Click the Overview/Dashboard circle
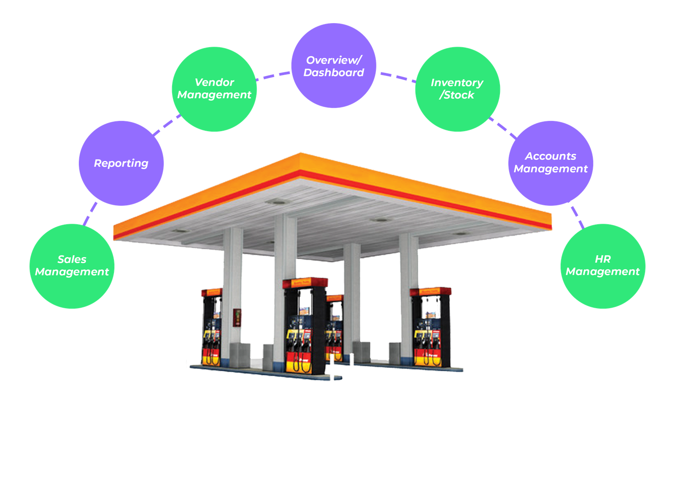pyautogui.click(x=333, y=66)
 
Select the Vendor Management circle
pyautogui.click(x=214, y=89)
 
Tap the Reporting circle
pyautogui.click(x=121, y=163)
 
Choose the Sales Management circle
pyautogui.click(x=72, y=266)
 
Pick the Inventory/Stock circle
pyautogui.click(x=457, y=89)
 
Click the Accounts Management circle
pyautogui.click(x=551, y=163)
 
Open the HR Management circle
pyautogui.click(x=603, y=266)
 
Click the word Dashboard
pyautogui.click(x=333, y=73)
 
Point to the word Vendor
pyautogui.click(x=214, y=83)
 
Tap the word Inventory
pyautogui.click(x=457, y=83)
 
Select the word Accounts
pyautogui.click(x=551, y=156)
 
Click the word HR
pyautogui.click(x=603, y=259)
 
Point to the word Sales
pyautogui.click(x=72, y=260)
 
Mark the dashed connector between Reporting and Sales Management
pyautogui.click(x=90, y=214)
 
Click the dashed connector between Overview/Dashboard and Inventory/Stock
pyautogui.click(x=397, y=77)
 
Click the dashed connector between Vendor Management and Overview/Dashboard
pyautogui.click(x=273, y=76)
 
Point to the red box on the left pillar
pyautogui.click(x=238, y=317)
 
